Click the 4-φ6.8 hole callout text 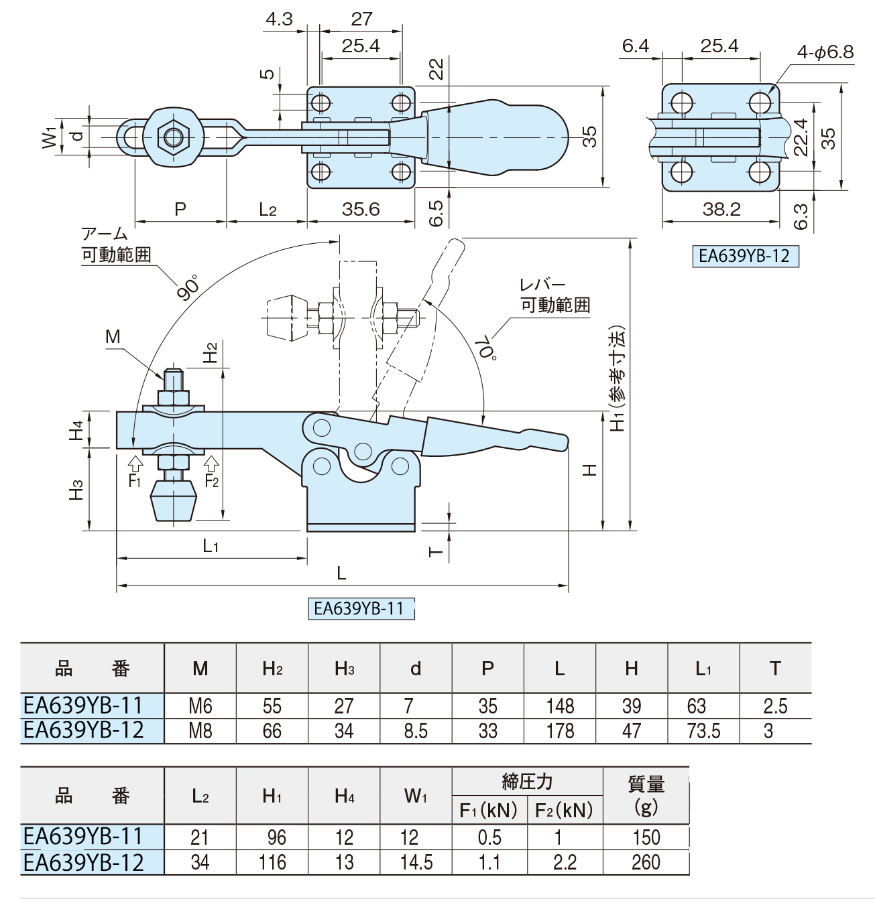(x=825, y=52)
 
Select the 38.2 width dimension (x=721, y=209)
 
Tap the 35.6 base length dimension (x=361, y=209)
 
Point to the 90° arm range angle (x=188, y=287)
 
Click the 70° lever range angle (x=487, y=348)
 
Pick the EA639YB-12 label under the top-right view (x=745, y=256)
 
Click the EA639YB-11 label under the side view (x=361, y=608)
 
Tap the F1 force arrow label (x=135, y=482)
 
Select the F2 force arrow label (x=212, y=482)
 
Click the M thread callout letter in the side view (x=113, y=336)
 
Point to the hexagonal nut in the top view (x=174, y=137)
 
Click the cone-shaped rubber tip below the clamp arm (x=174, y=501)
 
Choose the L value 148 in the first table (x=560, y=706)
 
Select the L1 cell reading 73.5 (x=704, y=731)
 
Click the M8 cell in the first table (x=200, y=731)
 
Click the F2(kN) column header (x=564, y=811)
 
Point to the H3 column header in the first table (x=344, y=669)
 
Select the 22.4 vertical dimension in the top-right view (x=801, y=137)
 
